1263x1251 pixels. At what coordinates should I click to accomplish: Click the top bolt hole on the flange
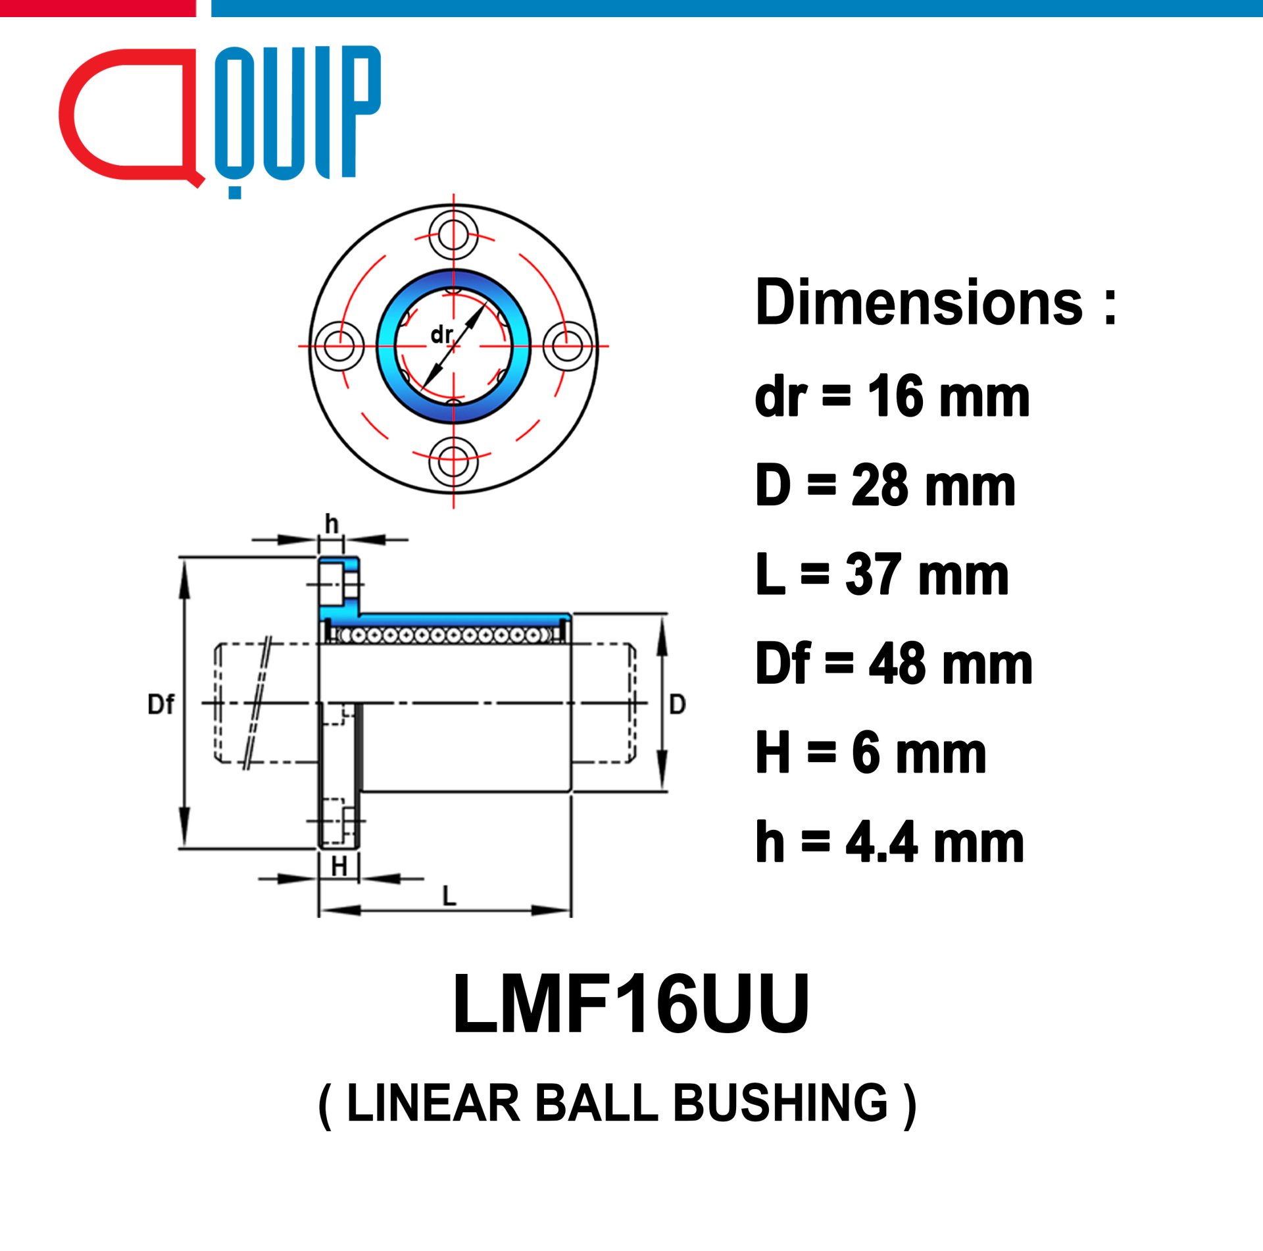[453, 235]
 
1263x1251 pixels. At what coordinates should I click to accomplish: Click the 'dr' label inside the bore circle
[441, 335]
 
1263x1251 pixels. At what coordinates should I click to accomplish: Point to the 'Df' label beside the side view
[161, 705]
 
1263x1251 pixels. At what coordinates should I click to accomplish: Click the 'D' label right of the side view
[678, 705]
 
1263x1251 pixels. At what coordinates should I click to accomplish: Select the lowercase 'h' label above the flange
[332, 524]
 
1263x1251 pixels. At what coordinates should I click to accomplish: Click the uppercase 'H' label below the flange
[339, 867]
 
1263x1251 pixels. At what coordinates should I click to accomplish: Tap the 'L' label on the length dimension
[449, 896]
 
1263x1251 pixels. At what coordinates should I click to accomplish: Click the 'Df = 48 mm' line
[894, 664]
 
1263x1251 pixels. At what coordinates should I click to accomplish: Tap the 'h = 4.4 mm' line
[890, 842]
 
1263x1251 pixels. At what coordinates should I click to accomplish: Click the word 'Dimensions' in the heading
[919, 302]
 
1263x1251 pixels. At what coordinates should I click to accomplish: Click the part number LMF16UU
[631, 1004]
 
